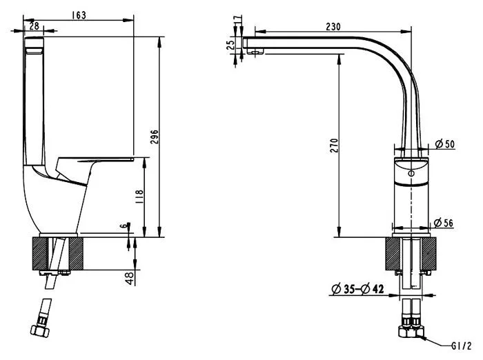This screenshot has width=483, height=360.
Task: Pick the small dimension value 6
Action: (124, 226)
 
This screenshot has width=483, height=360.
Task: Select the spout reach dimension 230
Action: (333, 26)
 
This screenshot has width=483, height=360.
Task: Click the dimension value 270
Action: (333, 146)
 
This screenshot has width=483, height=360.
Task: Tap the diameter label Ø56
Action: (445, 222)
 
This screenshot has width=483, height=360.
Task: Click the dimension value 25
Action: (230, 43)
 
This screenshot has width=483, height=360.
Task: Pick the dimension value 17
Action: (239, 21)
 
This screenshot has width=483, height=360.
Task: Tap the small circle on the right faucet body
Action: (412, 173)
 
